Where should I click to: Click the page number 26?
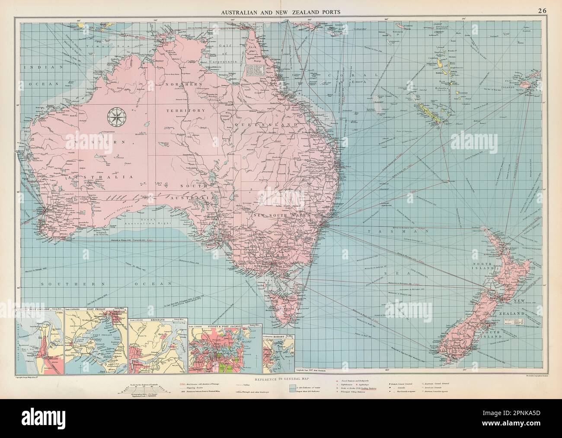click(542, 12)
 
